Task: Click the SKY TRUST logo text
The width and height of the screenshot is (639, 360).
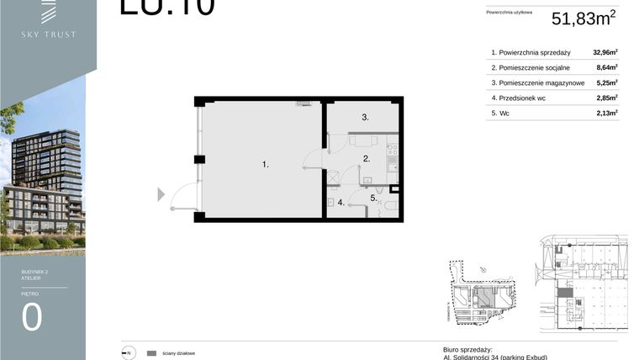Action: click(x=48, y=34)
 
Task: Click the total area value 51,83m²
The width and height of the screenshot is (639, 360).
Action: click(x=584, y=19)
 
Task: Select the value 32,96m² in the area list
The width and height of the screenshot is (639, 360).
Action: click(x=605, y=52)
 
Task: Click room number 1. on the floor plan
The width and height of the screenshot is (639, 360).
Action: click(x=265, y=165)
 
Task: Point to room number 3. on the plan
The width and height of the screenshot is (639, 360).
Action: click(x=366, y=118)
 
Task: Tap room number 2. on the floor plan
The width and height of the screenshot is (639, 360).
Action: click(x=367, y=157)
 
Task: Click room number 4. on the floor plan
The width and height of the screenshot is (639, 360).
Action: click(x=341, y=203)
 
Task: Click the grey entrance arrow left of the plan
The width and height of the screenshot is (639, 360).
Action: click(x=161, y=195)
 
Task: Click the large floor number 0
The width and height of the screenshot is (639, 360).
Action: click(x=32, y=317)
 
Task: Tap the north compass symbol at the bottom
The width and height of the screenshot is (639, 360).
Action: click(x=129, y=353)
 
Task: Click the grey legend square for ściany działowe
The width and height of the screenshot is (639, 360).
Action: click(x=152, y=353)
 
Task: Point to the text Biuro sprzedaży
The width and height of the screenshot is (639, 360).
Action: click(x=467, y=349)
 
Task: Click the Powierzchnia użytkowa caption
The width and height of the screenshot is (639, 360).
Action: click(x=509, y=13)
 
